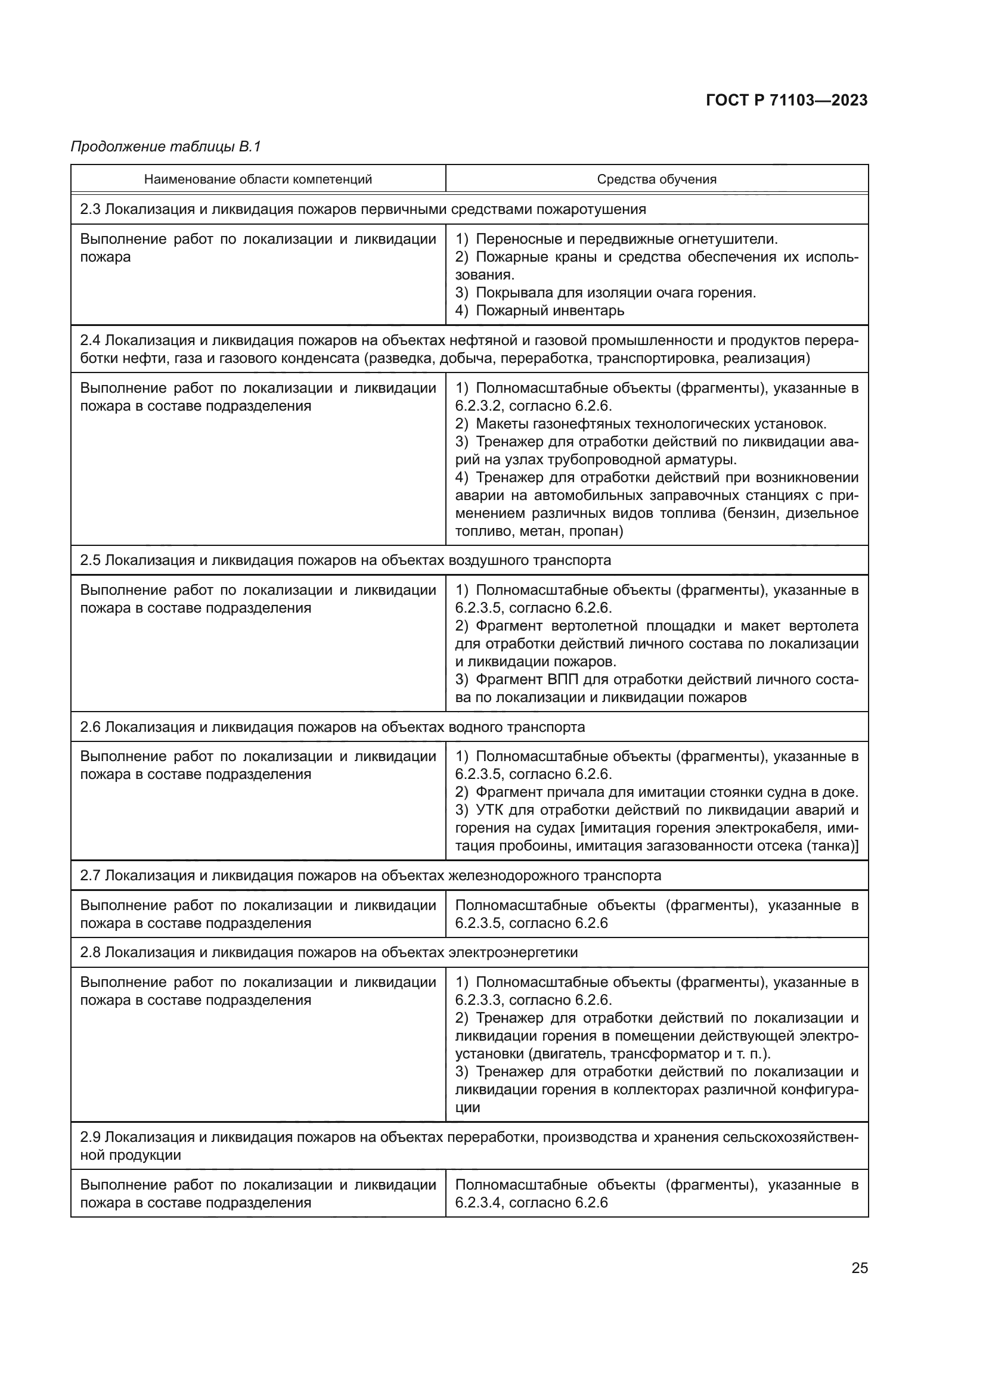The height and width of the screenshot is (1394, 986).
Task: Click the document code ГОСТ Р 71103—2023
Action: point(786,101)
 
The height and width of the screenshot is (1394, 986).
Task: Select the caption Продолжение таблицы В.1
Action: point(166,147)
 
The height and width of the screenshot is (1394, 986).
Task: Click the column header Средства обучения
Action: point(656,179)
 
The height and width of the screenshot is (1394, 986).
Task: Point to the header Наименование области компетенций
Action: point(258,179)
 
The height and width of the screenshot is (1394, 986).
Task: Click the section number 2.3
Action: point(90,209)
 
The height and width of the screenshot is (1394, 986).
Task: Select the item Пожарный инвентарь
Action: point(550,311)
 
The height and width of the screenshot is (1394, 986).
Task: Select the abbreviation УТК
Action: point(490,811)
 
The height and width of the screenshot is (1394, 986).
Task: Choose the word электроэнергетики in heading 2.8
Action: point(513,952)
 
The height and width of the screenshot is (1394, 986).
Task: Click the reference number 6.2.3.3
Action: point(479,1000)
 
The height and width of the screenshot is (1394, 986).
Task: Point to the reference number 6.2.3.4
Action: point(479,1203)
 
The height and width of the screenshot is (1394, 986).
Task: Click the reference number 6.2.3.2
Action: point(479,406)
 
